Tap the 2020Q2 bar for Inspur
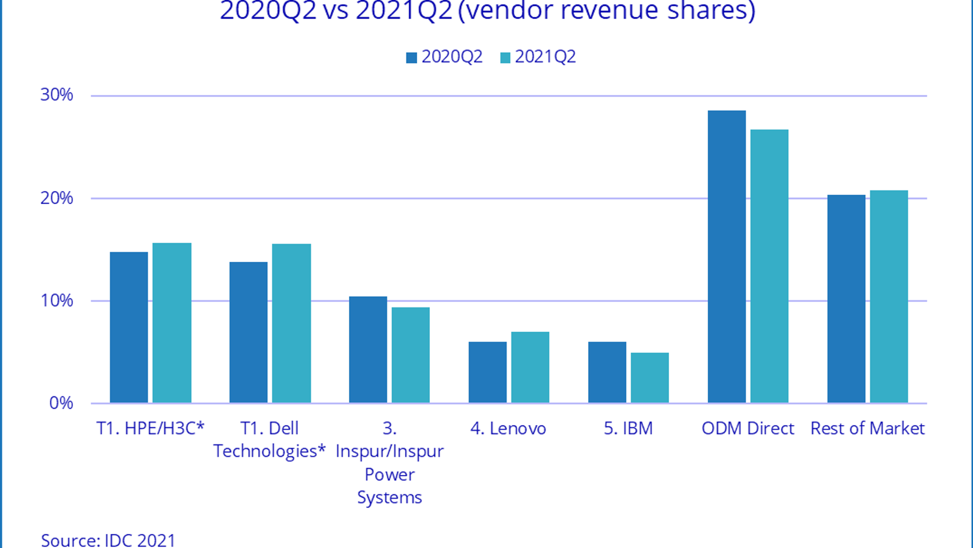click(368, 350)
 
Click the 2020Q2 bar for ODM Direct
click(727, 256)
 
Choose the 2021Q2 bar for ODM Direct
click(769, 266)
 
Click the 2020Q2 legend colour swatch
click(412, 58)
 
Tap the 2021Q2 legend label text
click(545, 57)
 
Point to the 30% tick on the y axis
click(57, 95)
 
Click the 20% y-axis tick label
click(57, 198)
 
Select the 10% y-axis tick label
click(57, 301)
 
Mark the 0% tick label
click(61, 403)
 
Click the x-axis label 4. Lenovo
click(508, 429)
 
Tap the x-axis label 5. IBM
click(628, 429)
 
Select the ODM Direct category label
click(747, 429)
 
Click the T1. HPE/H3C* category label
click(150, 429)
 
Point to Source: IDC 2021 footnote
click(108, 540)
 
